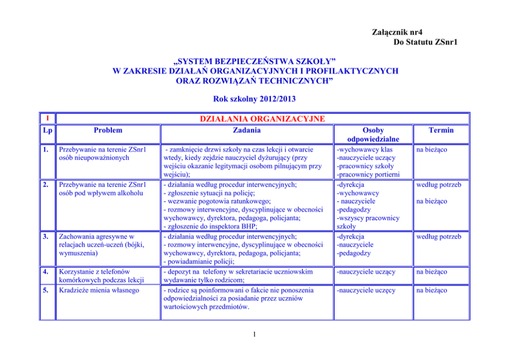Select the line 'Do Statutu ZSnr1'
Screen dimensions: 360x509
tap(425, 42)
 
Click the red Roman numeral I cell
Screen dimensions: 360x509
tap(47, 118)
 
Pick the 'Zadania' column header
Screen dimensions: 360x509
tap(246, 130)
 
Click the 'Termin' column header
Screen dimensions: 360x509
tap(441, 130)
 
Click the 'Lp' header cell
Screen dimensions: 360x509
tap(47, 131)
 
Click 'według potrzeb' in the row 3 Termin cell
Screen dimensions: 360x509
tap(438, 236)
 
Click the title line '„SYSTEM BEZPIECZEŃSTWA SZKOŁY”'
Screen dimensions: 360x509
tap(254, 62)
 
